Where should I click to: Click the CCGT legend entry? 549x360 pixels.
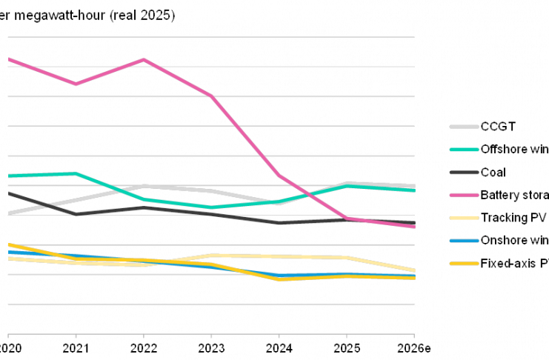click(493, 127)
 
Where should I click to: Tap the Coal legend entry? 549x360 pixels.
click(493, 173)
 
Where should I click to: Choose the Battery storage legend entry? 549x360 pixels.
click(515, 196)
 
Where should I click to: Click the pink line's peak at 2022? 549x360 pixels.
click(143, 59)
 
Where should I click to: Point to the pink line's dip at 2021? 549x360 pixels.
click(76, 84)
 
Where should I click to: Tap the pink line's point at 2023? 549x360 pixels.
click(211, 96)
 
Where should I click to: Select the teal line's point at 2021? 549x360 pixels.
click(76, 173)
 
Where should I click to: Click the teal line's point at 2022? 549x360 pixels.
click(143, 199)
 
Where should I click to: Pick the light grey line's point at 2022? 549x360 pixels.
click(143, 186)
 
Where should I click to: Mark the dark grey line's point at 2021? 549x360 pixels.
click(76, 213)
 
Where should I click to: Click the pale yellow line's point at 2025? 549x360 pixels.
click(346, 257)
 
